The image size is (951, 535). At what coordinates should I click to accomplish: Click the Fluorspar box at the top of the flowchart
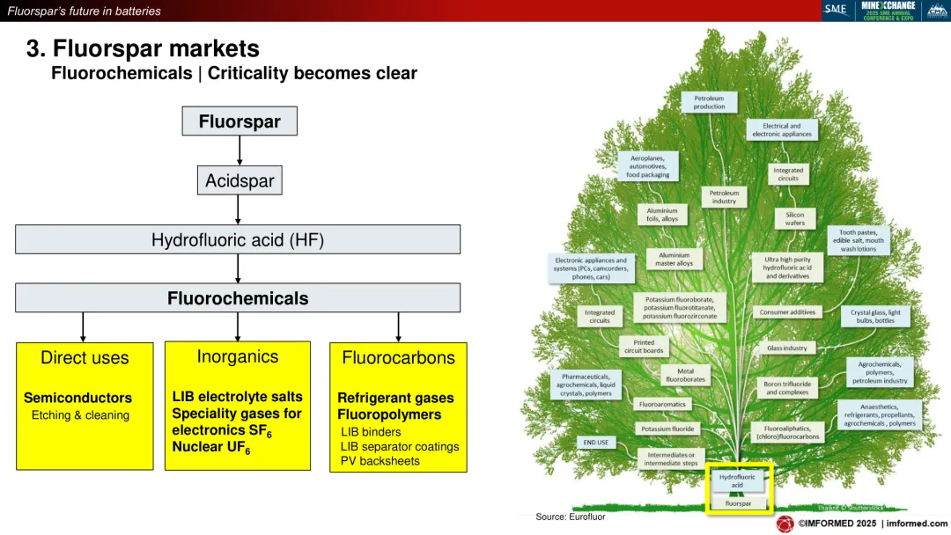pos(240,121)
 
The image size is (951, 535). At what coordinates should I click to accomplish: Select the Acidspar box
pos(240,181)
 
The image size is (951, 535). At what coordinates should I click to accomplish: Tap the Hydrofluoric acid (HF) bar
pos(238,239)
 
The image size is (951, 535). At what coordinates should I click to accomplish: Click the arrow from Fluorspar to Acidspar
pos(240,150)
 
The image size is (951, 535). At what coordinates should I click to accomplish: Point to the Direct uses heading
pos(85,358)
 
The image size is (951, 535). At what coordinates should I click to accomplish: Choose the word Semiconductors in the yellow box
pos(77,398)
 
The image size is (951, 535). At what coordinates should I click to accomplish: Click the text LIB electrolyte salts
pos(237,397)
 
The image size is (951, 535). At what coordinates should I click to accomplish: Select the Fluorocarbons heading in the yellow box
pos(398,358)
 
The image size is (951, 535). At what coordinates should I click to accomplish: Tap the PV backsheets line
pos(378,461)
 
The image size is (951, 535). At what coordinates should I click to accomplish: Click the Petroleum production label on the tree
pos(709,103)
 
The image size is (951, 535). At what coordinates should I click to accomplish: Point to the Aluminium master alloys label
pos(674,259)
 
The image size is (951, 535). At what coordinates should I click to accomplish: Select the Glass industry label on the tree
pos(786,348)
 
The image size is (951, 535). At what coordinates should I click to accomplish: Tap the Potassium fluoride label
pos(667,429)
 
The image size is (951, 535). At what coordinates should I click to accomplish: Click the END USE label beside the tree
pos(596,443)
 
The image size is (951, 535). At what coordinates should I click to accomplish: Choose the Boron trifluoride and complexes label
pos(786,387)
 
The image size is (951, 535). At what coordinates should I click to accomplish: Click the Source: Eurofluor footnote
pos(570,517)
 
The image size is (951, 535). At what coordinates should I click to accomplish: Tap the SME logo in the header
pos(835,10)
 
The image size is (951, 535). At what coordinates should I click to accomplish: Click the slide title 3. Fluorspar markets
pos(143,48)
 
